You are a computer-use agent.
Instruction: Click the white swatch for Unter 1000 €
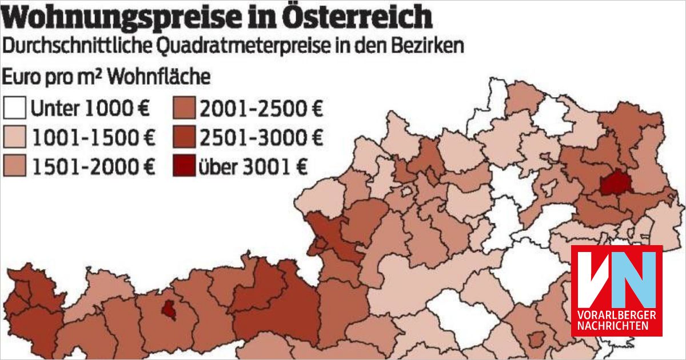click(x=14, y=107)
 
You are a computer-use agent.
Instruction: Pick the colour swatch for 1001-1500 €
click(x=14, y=137)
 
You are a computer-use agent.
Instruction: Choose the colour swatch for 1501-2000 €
click(x=14, y=167)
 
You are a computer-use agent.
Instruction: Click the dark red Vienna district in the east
click(x=612, y=183)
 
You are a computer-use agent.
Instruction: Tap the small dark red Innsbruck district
click(x=169, y=309)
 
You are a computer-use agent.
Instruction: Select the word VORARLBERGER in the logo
click(x=617, y=315)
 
